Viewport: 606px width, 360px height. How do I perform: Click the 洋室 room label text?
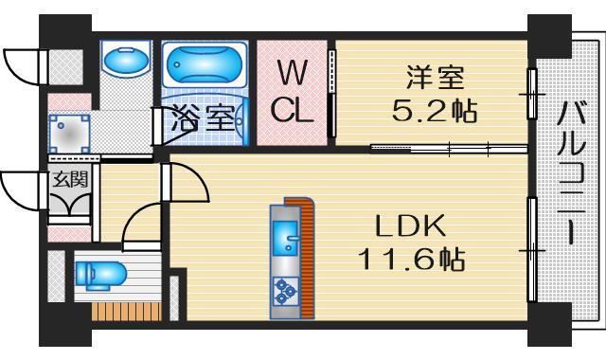point(431,73)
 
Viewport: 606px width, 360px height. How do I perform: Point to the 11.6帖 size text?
point(410,259)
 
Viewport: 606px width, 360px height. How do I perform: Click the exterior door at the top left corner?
point(21,64)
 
